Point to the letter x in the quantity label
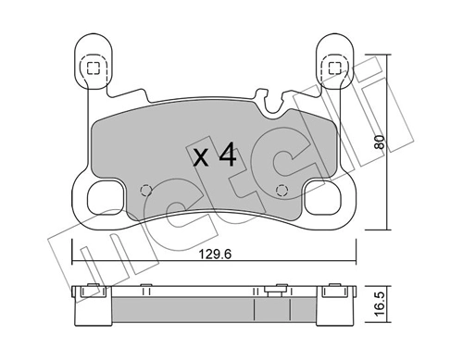point(200,157)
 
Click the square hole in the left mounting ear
point(92,67)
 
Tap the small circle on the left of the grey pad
point(143,192)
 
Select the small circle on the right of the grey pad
point(281,192)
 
